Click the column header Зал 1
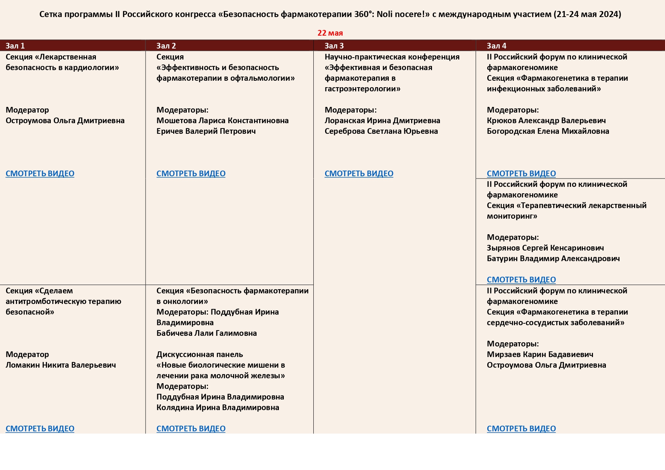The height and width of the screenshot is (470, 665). (15, 46)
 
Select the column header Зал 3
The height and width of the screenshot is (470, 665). (334, 46)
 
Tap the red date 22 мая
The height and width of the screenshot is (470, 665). (330, 33)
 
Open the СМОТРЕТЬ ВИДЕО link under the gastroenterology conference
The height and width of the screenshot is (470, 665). (359, 174)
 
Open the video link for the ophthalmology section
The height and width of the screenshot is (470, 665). (191, 174)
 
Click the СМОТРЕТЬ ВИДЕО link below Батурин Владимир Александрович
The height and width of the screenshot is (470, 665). (521, 280)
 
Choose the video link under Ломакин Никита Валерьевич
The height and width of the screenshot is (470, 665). (40, 429)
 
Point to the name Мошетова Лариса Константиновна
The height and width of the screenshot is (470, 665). (222, 121)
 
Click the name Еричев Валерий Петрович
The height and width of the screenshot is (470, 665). (206, 131)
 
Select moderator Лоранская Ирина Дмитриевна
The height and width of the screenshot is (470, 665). (382, 121)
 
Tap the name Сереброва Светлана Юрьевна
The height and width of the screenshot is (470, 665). (381, 131)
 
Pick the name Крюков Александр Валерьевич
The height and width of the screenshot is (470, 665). (546, 121)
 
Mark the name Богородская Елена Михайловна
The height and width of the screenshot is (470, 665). (548, 131)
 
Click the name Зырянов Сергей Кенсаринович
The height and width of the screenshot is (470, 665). (545, 248)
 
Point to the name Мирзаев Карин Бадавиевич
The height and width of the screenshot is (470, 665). (540, 354)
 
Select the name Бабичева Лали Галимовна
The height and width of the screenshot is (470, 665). (207, 333)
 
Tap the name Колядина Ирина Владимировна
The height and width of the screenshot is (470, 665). (217, 407)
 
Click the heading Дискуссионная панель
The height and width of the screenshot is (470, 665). (199, 354)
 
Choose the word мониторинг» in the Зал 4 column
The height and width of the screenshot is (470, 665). (512, 216)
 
